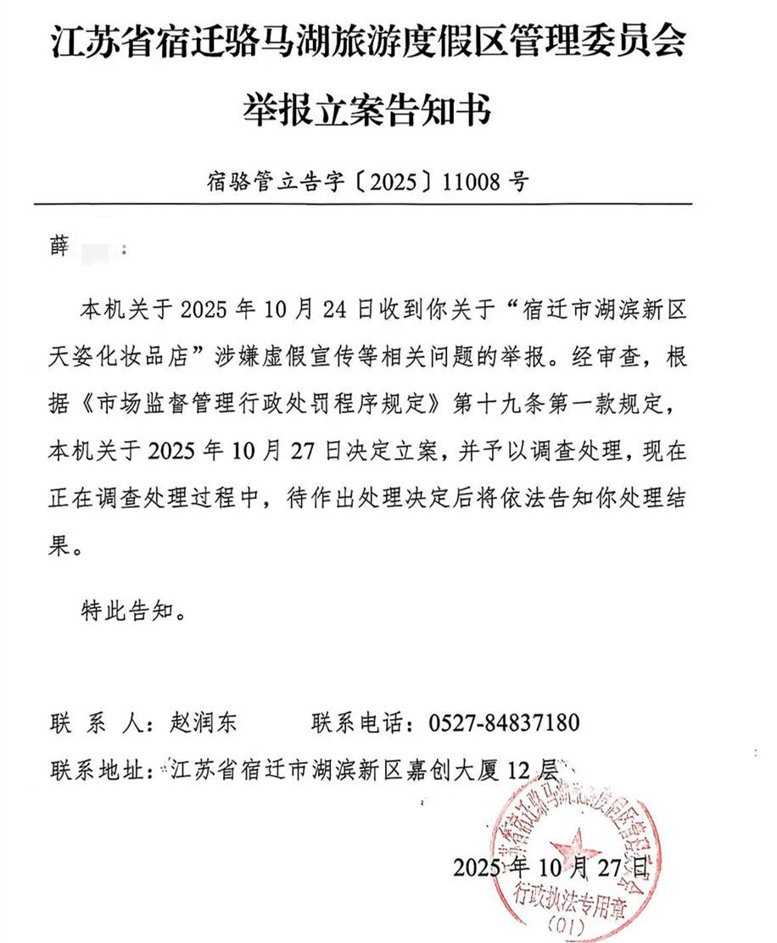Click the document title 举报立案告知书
(x=366, y=110)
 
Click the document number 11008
(x=472, y=181)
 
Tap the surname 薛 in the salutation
(x=63, y=251)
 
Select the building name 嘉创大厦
(x=467, y=771)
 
